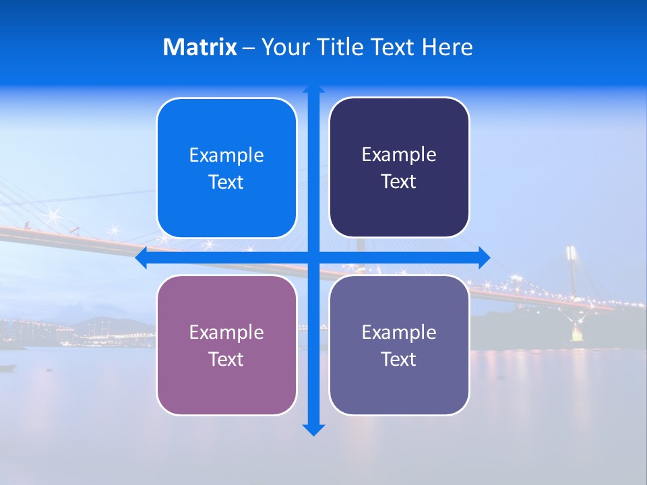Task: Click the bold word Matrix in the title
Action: click(199, 47)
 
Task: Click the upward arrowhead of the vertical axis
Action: click(313, 88)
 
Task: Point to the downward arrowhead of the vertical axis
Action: click(313, 430)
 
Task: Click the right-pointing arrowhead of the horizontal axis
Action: click(484, 257)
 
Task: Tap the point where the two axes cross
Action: click(313, 257)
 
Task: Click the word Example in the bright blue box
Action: click(226, 156)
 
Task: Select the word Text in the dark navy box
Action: click(399, 182)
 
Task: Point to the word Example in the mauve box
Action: click(226, 332)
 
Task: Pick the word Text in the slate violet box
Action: click(399, 359)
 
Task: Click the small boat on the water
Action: click(7, 367)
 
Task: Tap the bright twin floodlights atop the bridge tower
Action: click(572, 253)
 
